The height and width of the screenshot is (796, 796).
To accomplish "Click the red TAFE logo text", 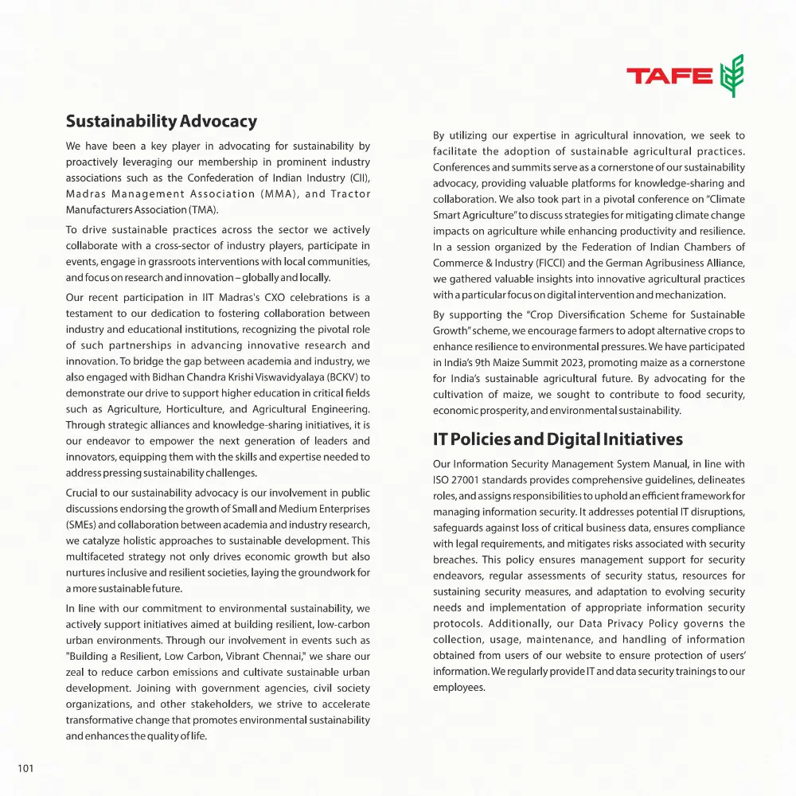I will point(669,76).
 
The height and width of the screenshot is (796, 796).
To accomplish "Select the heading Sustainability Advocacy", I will point(161,122).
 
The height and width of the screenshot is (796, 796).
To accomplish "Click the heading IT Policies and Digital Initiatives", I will point(557,439).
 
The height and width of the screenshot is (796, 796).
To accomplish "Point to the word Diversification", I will point(576,314).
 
